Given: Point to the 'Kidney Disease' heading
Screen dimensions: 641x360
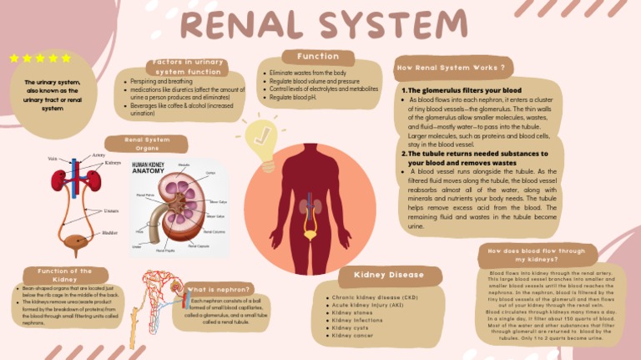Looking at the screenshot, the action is click(389, 275).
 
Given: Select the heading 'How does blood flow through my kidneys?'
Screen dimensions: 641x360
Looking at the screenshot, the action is click(537, 255).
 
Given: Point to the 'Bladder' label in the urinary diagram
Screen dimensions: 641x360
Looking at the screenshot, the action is click(110, 233).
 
